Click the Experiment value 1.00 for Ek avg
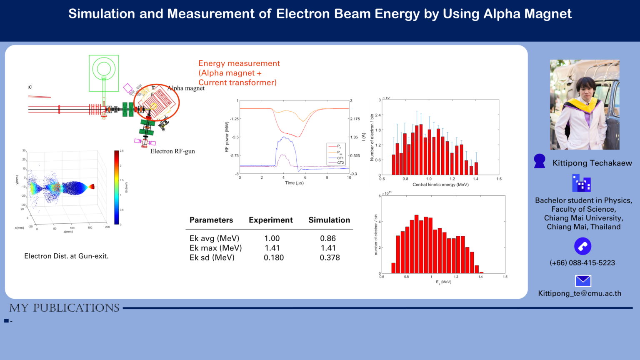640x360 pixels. [x=272, y=238]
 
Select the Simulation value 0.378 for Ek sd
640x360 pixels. [x=330, y=257]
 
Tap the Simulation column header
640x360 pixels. [x=329, y=220]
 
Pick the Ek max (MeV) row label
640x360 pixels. [x=215, y=248]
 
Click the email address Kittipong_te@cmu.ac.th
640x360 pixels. [x=580, y=293]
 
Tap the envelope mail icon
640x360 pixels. [x=583, y=281]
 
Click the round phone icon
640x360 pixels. [x=582, y=246]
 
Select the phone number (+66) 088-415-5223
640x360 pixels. [x=582, y=263]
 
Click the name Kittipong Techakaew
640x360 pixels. [x=592, y=163]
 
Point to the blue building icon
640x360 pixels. [x=581, y=183]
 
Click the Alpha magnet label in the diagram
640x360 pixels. [x=186, y=88]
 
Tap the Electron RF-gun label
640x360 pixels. [x=172, y=151]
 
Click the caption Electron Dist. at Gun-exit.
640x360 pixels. [x=66, y=256]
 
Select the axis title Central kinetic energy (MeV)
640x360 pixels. [x=440, y=185]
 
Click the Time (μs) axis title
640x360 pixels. [x=294, y=183]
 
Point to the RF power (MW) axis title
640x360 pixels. [x=227, y=137]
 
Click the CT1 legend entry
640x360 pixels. [x=340, y=158]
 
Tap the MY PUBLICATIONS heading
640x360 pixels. [x=64, y=308]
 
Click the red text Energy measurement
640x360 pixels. [x=239, y=63]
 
